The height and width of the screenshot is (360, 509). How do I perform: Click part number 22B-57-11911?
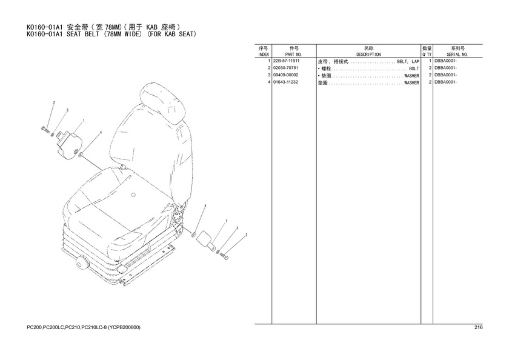click(286, 61)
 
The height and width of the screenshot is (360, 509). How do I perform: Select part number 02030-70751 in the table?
click(285, 68)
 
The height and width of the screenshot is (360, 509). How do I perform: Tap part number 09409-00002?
click(285, 75)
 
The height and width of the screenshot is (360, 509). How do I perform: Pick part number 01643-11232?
click(285, 82)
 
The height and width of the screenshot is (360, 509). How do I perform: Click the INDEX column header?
click(263, 55)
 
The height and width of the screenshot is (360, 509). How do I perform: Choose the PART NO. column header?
click(294, 55)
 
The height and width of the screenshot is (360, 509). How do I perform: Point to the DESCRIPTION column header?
click(368, 55)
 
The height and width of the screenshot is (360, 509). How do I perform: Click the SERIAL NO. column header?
click(457, 55)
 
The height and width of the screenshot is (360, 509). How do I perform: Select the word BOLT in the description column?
click(414, 69)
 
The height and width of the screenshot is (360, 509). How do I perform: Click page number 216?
click(479, 327)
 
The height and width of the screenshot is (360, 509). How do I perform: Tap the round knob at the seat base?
click(82, 262)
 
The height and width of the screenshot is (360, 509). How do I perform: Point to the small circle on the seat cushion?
click(133, 195)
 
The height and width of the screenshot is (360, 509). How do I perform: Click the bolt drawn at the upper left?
click(45, 130)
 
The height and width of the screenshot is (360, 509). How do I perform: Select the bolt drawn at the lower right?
click(224, 257)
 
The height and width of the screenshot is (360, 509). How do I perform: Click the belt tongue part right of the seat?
click(206, 241)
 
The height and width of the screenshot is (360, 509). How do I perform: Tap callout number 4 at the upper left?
click(101, 133)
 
